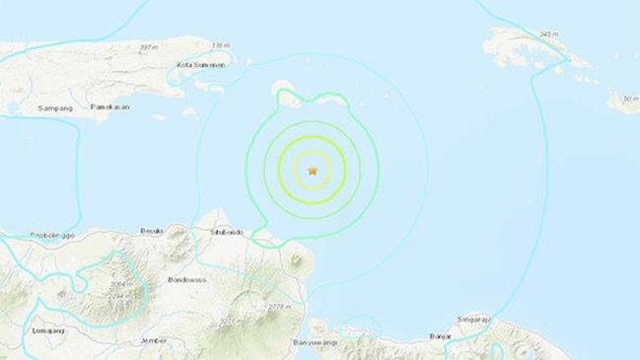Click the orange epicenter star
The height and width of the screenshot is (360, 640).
[x=314, y=171]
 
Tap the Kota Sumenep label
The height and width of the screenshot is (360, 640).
[x=200, y=65]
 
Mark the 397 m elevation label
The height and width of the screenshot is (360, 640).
[x=149, y=46]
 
